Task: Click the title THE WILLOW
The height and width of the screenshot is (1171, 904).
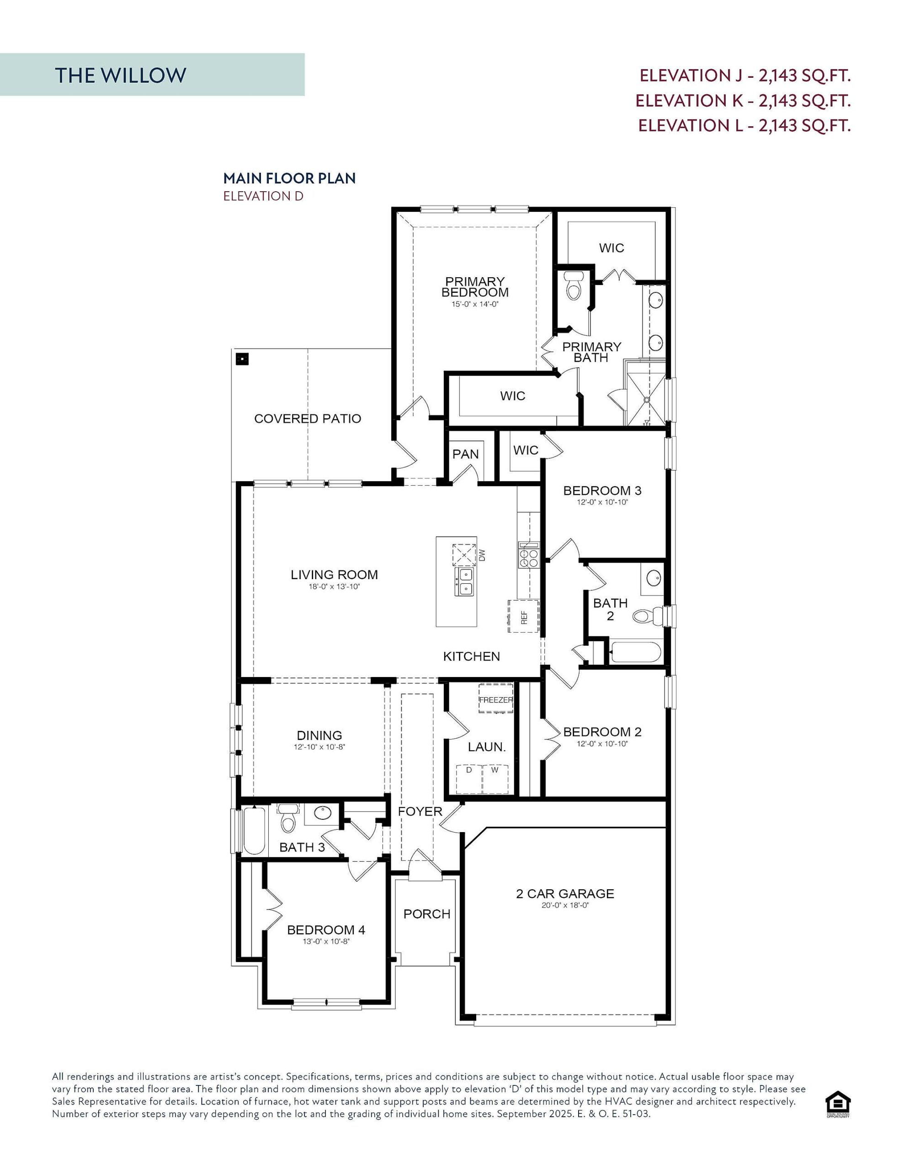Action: tap(121, 75)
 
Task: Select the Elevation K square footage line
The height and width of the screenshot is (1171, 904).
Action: tap(743, 100)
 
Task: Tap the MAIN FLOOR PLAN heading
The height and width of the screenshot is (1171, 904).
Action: tap(289, 178)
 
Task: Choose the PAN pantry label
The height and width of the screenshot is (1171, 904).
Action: tap(465, 454)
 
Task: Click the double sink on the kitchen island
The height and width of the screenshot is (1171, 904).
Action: tap(464, 582)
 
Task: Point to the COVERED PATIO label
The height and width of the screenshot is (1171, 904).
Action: tap(307, 419)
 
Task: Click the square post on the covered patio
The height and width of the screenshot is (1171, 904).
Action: tap(243, 358)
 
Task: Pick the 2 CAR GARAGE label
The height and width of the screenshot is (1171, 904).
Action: tap(565, 893)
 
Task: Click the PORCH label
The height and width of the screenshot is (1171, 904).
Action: tap(426, 913)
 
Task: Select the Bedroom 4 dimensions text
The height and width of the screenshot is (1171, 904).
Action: tap(326, 941)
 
